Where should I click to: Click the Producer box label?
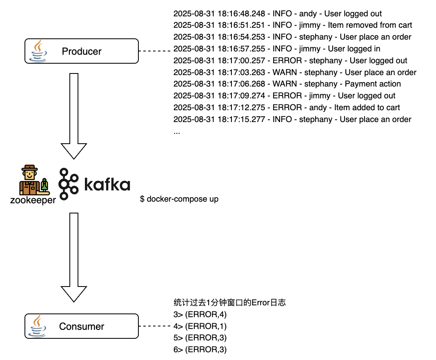(82, 51)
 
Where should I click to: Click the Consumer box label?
(82, 327)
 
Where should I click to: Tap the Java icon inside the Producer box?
(40, 51)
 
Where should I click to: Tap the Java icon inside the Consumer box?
(40, 326)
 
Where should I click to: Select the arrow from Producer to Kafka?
(74, 114)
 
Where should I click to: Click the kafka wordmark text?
(107, 184)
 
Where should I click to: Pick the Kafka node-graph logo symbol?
(68, 183)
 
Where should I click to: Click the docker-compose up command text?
(179, 199)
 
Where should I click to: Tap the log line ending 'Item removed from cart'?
(293, 25)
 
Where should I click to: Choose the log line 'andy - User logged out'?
(278, 14)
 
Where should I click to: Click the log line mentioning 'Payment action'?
(287, 84)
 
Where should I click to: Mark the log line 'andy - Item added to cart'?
(287, 108)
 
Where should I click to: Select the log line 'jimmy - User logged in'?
(277, 49)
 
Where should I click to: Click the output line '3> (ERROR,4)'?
(200, 315)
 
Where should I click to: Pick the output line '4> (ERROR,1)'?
(200, 327)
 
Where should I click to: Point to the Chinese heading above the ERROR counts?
(229, 303)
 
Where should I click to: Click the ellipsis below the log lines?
(177, 132)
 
